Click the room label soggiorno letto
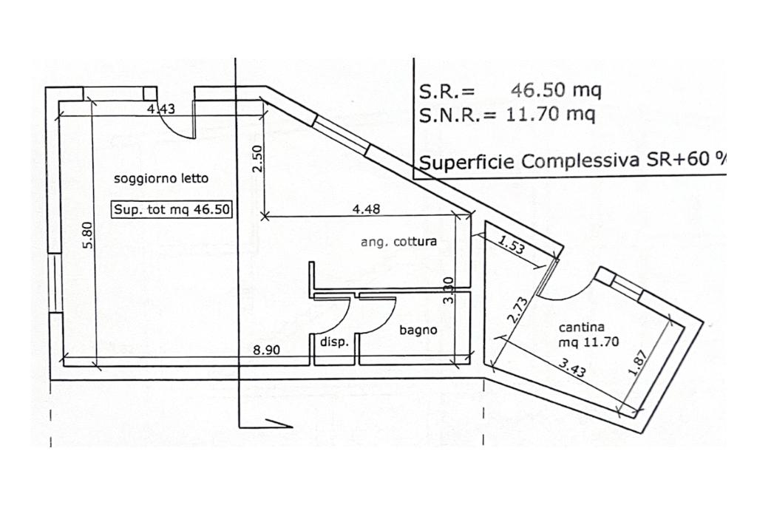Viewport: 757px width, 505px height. pyautogui.click(x=161, y=178)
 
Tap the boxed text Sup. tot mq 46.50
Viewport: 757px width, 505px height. pyautogui.click(x=172, y=209)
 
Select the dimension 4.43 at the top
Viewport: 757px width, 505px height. pyautogui.click(x=161, y=109)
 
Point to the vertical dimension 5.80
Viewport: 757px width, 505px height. pyautogui.click(x=87, y=235)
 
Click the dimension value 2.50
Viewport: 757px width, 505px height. pyautogui.click(x=257, y=159)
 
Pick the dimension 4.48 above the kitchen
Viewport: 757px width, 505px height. pyautogui.click(x=366, y=209)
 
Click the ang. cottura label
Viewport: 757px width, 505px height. pyautogui.click(x=398, y=241)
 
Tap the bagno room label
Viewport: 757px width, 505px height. pyautogui.click(x=418, y=331)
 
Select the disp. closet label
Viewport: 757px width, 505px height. pyautogui.click(x=334, y=342)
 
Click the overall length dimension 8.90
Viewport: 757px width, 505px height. pyautogui.click(x=266, y=350)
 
